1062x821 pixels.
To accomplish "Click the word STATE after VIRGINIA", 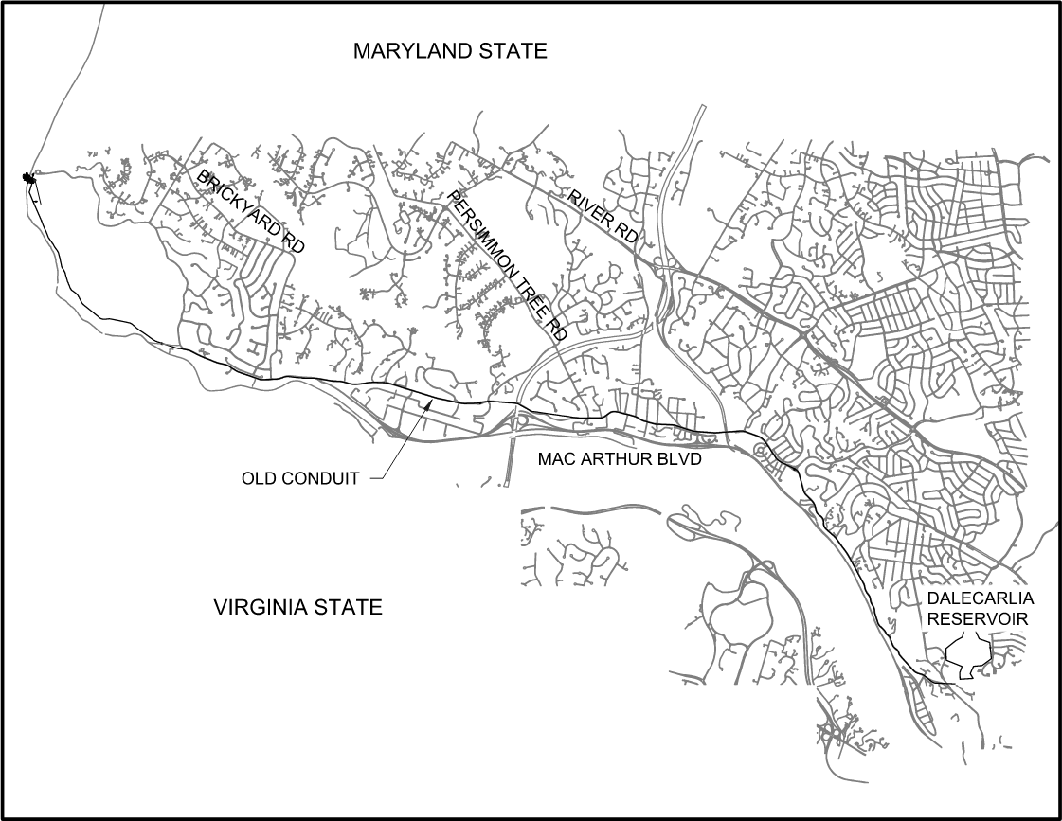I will pos(352,607).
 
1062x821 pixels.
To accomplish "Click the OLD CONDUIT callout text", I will pos(300,478).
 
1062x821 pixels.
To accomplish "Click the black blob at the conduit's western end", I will pos(29,177).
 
